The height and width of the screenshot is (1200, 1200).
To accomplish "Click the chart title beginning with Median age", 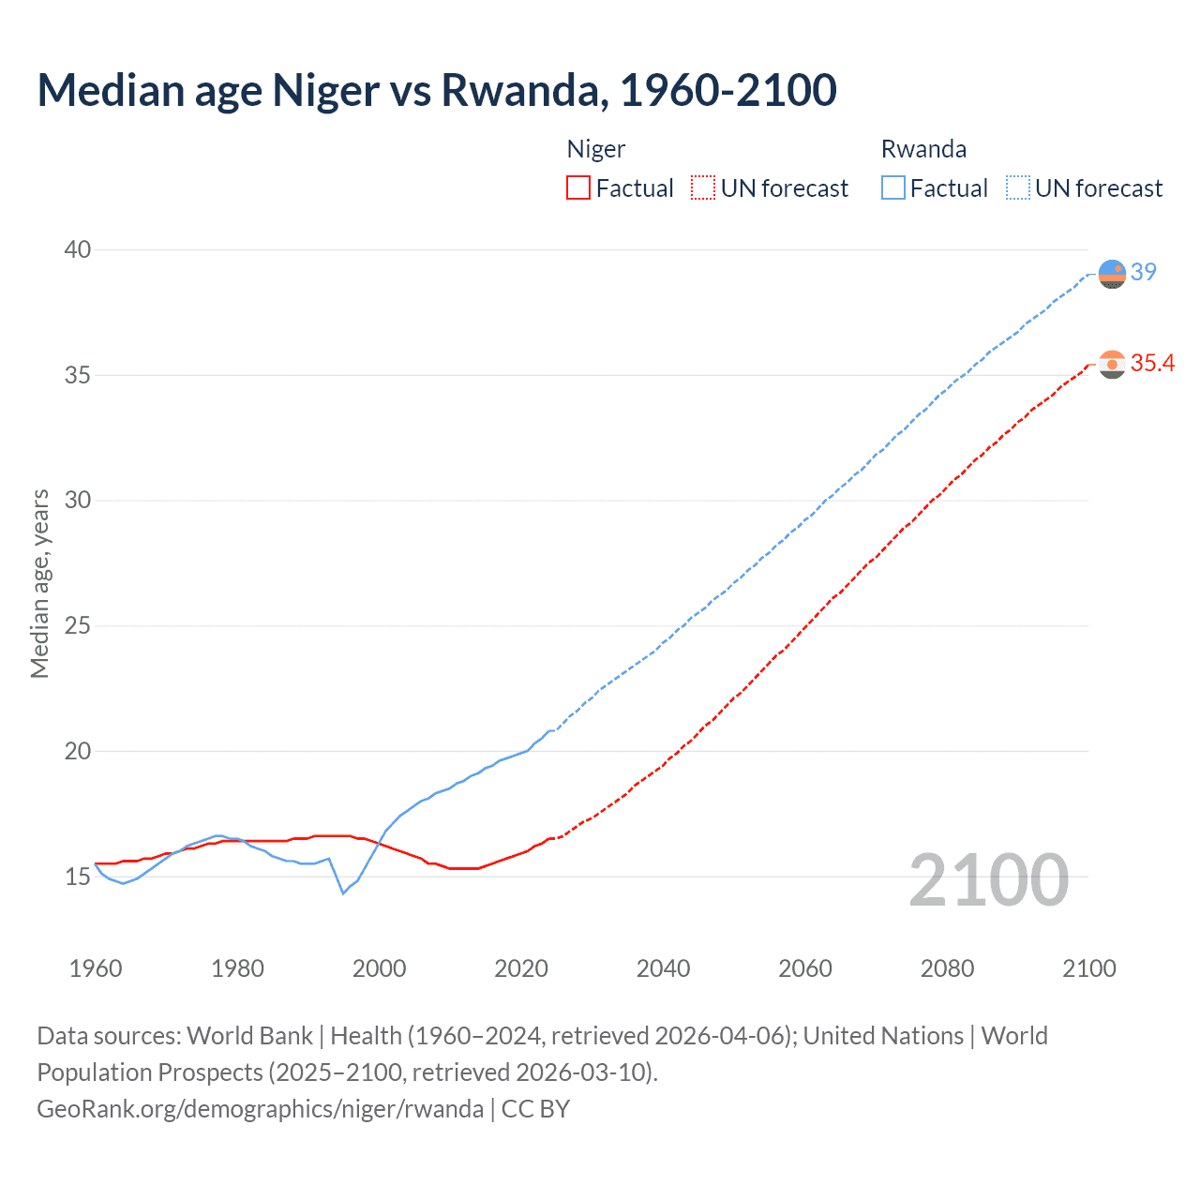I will (437, 90).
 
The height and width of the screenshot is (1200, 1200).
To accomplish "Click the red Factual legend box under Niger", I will (578, 188).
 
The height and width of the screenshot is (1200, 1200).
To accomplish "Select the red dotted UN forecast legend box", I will (703, 188).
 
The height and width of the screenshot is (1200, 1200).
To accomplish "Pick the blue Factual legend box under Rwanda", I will (893, 188).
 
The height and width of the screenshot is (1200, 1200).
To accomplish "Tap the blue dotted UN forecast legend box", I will (1018, 188).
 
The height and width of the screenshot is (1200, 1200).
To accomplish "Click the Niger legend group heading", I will (596, 149).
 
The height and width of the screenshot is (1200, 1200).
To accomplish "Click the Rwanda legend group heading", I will (923, 149).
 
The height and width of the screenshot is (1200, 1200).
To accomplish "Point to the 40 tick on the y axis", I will (78, 249).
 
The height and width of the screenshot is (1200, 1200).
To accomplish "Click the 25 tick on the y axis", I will (78, 625).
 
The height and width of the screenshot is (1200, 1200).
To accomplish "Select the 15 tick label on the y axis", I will (78, 877).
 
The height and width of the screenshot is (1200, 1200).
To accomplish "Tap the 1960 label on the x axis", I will (96, 968).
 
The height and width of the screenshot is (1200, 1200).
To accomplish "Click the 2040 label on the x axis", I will (663, 968).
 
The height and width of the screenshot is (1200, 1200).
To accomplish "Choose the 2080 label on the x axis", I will (947, 968).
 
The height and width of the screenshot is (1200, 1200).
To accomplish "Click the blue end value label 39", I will (1144, 272).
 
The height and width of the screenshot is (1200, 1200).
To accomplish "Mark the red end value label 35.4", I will (1152, 363).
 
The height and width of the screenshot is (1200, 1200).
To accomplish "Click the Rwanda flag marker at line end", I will (1112, 274).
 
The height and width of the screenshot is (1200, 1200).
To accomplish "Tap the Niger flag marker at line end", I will (1112, 364).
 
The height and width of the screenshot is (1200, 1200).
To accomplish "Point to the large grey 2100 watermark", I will (989, 880).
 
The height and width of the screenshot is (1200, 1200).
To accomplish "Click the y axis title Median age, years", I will (39, 583).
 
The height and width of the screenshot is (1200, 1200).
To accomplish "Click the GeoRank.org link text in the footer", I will (260, 1109).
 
